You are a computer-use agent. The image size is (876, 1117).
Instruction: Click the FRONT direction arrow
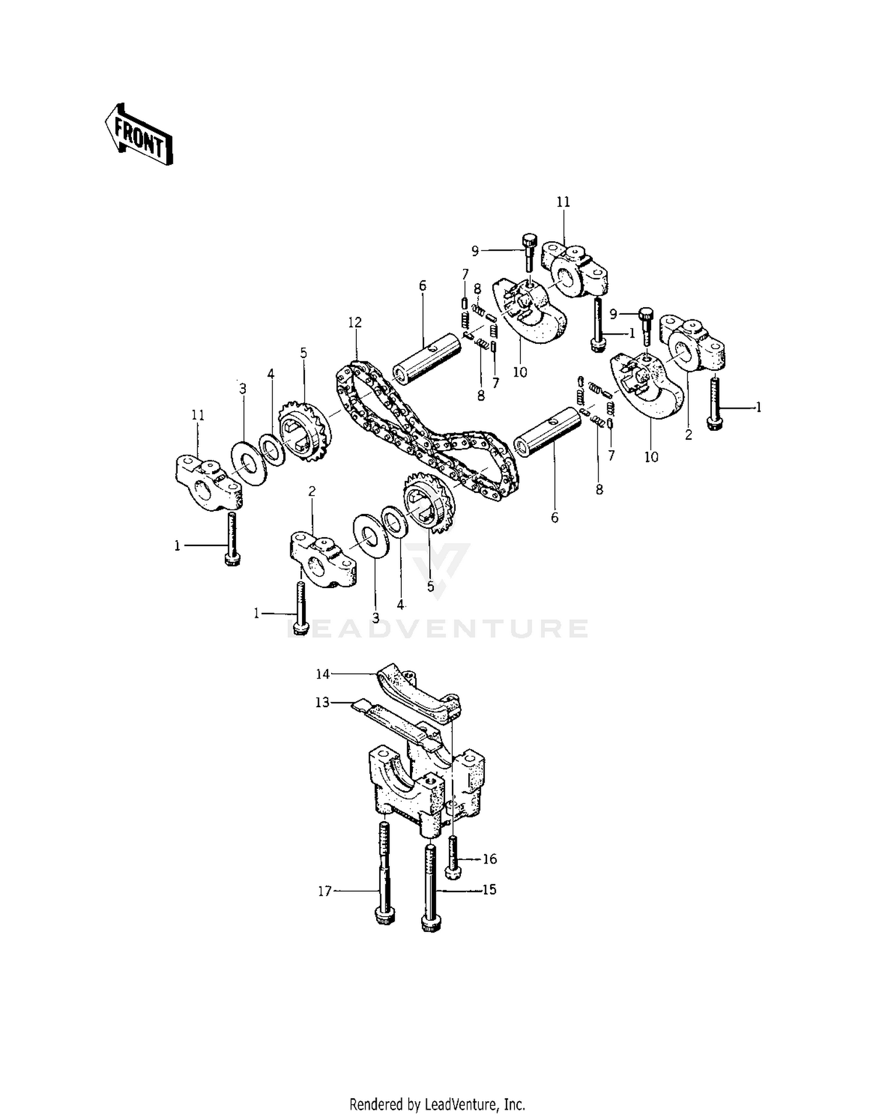[139, 135]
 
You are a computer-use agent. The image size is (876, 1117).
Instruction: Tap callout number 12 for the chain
[354, 322]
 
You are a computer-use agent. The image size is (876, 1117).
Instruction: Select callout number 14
[323, 674]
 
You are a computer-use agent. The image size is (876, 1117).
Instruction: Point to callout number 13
[322, 702]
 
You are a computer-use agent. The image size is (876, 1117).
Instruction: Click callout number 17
[325, 891]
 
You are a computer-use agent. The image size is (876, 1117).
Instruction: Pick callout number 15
[489, 889]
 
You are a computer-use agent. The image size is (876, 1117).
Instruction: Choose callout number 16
[489, 858]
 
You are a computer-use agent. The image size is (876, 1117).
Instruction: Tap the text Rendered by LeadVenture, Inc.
[437, 1104]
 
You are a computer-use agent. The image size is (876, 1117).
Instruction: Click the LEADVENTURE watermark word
[438, 628]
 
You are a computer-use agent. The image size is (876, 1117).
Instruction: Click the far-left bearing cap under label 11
[208, 480]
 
